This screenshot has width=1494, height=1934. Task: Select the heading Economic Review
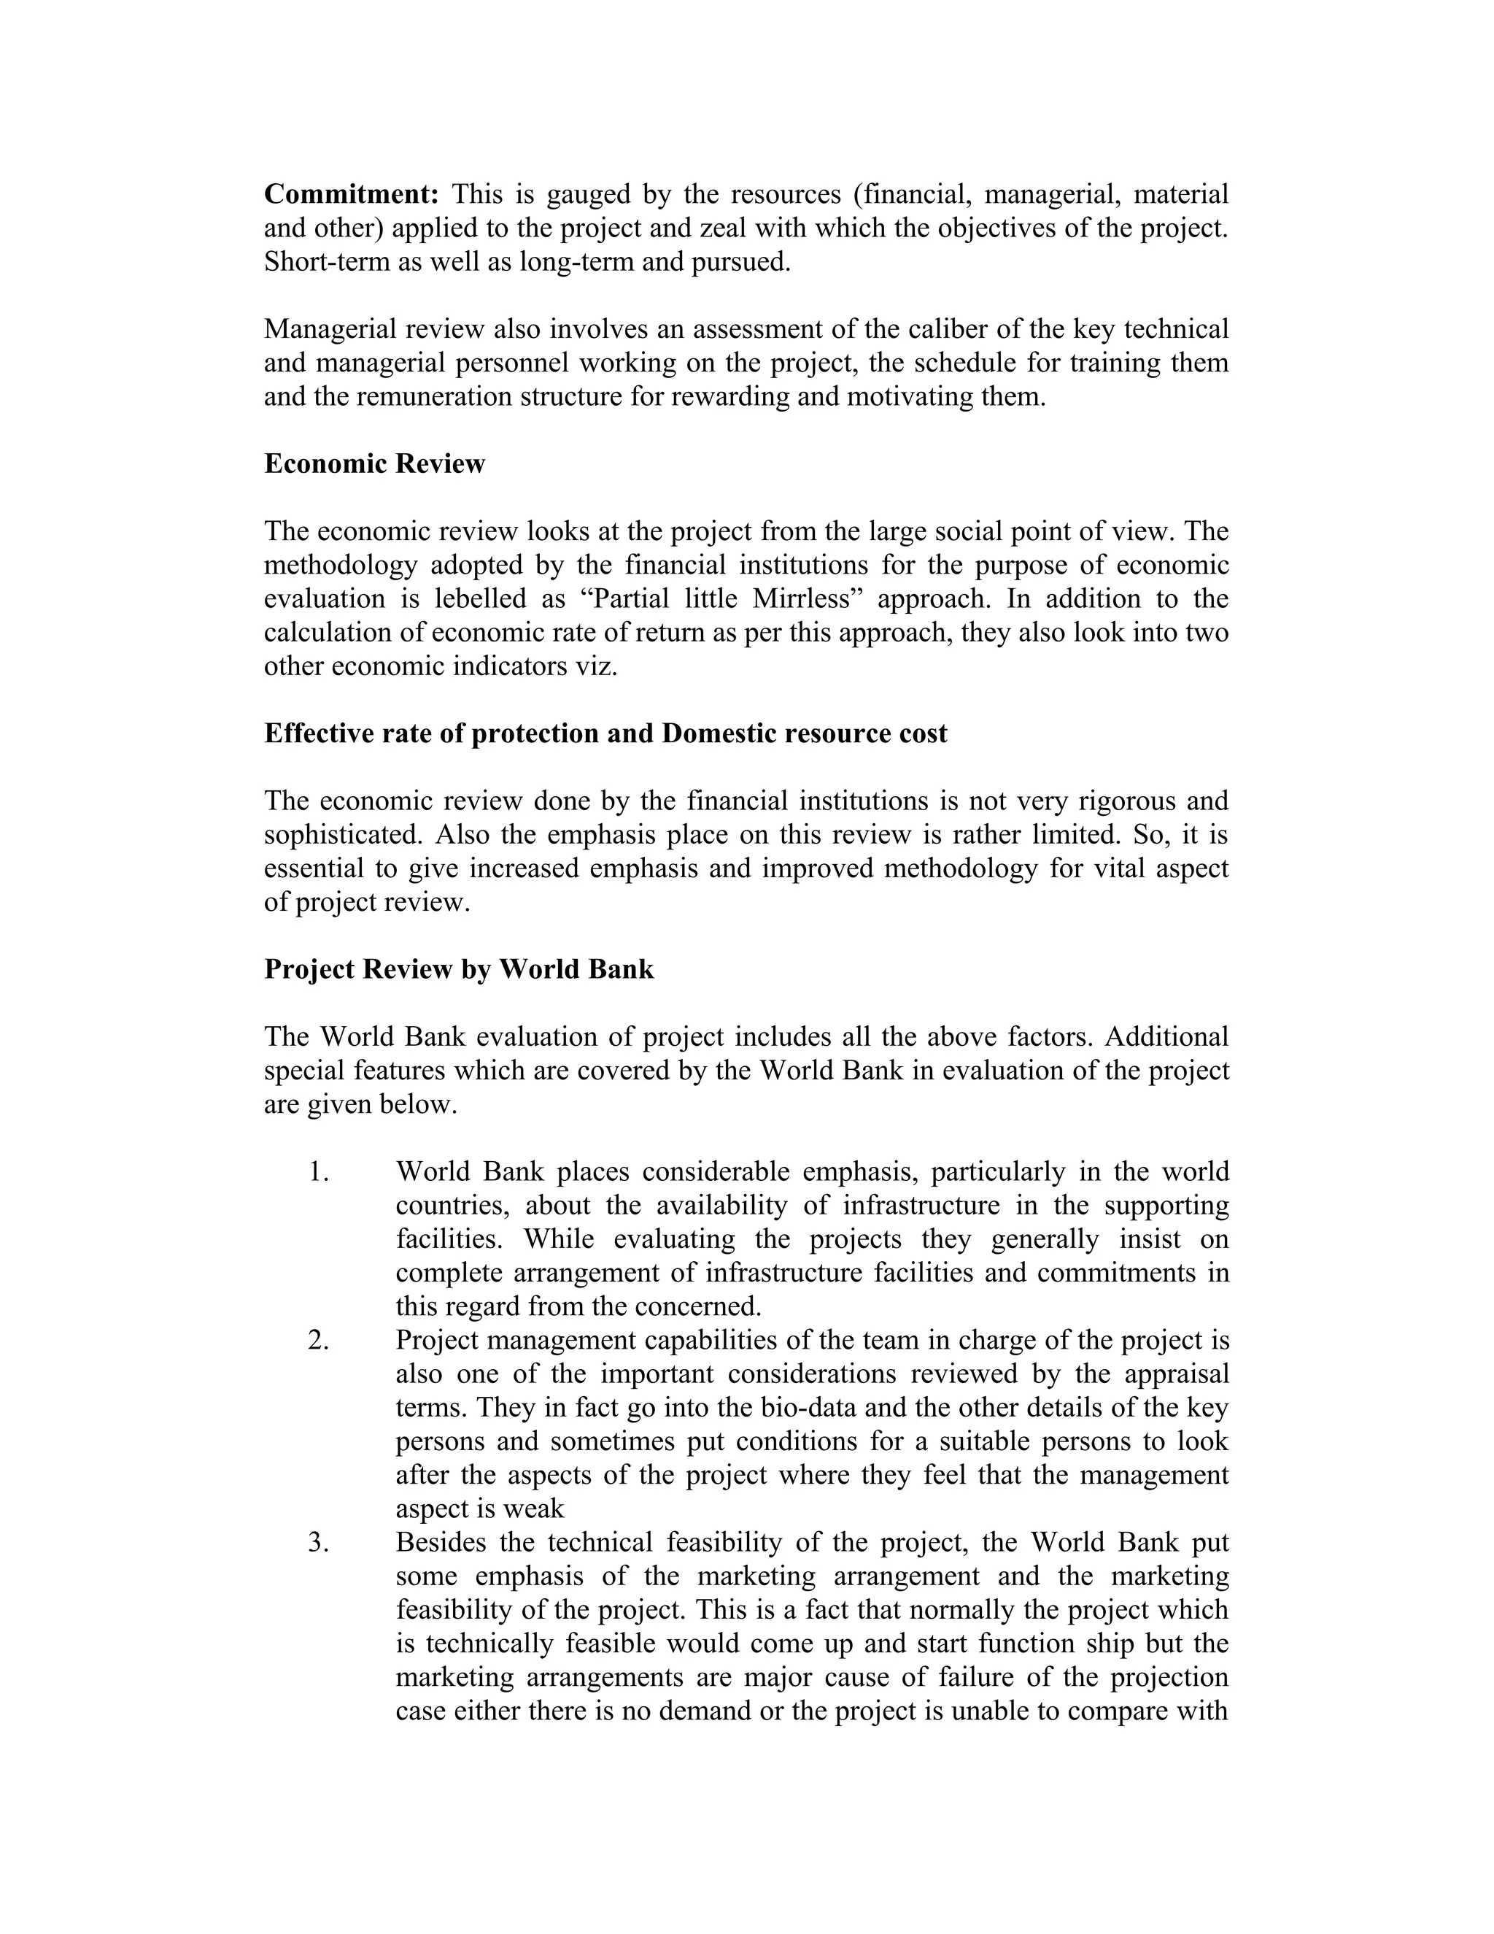(374, 464)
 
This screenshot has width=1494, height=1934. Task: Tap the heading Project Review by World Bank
(458, 970)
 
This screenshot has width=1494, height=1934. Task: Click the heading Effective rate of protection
(605, 733)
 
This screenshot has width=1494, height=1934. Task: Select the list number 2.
(319, 1341)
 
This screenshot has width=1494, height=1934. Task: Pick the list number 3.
(319, 1543)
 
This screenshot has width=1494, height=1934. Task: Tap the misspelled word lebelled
(480, 598)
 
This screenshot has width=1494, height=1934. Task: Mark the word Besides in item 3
(441, 1543)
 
